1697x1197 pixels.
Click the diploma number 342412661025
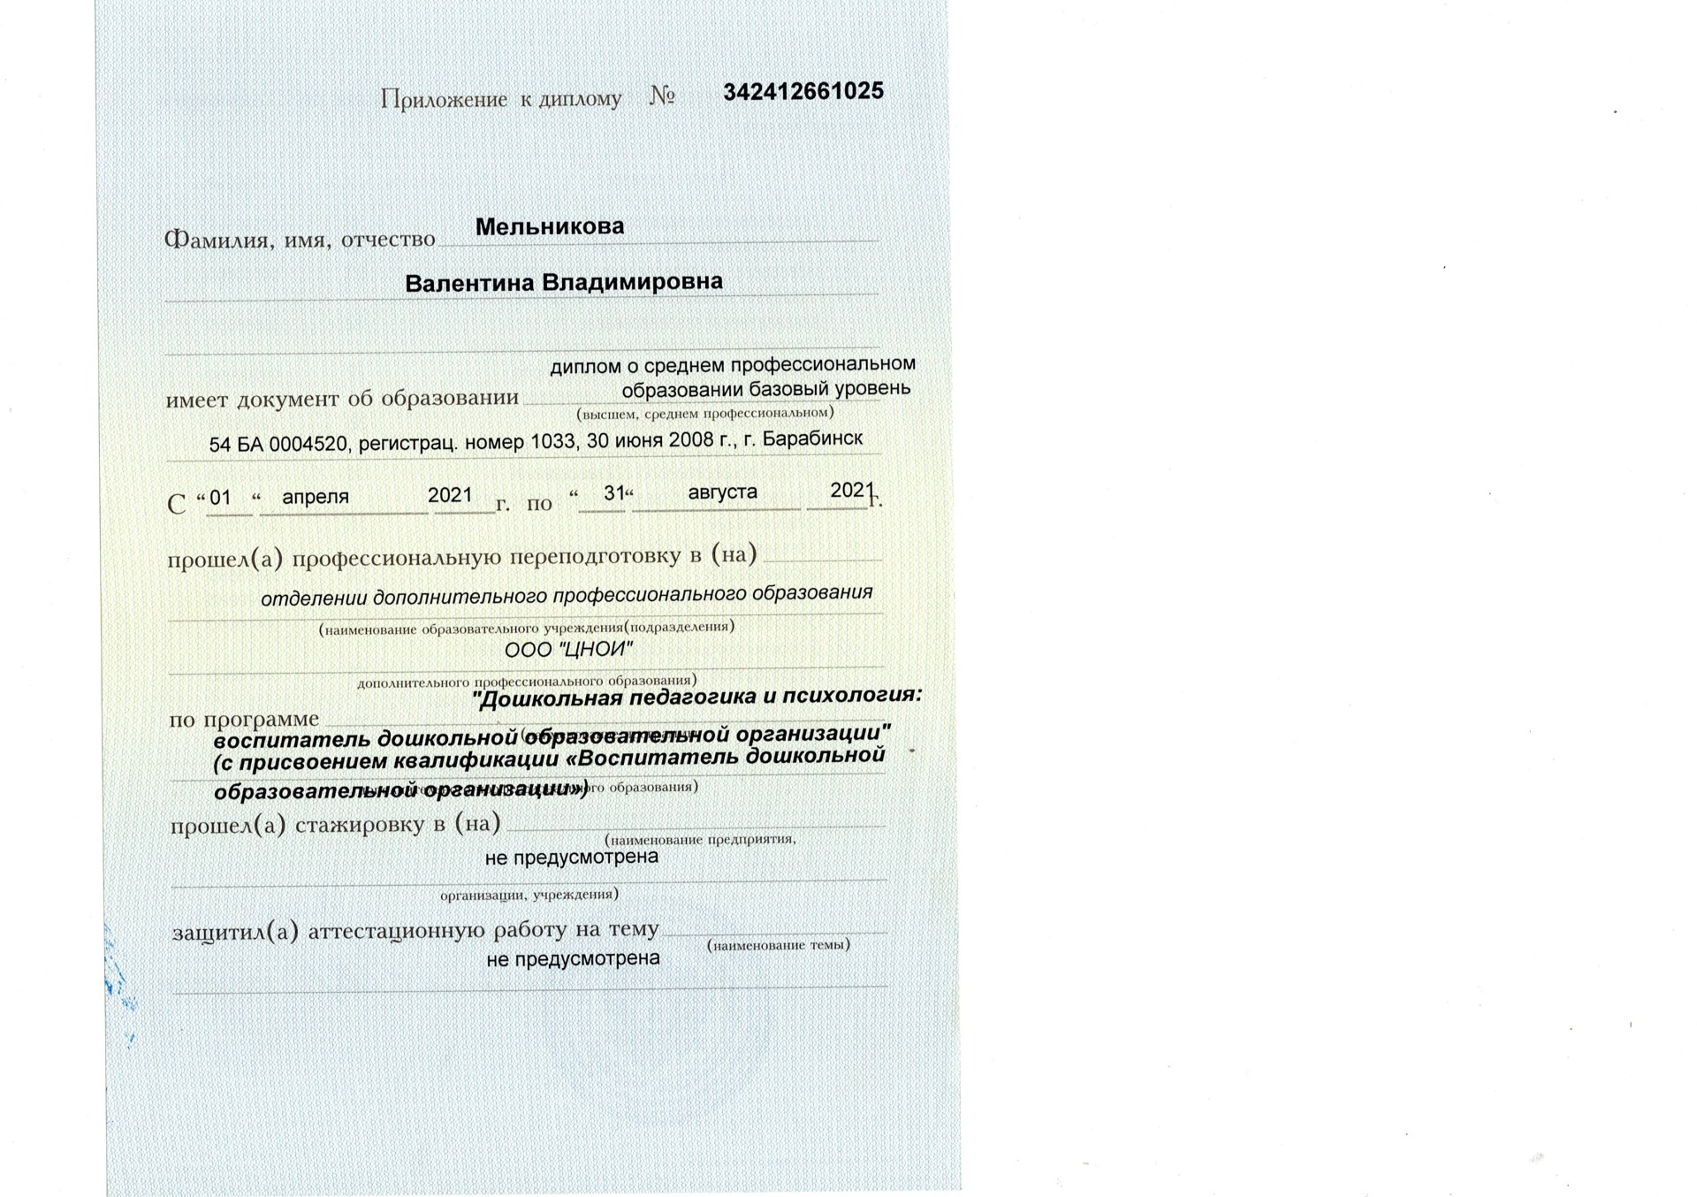[x=803, y=92]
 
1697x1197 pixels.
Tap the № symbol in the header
[x=663, y=96]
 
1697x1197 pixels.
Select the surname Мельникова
[x=550, y=227]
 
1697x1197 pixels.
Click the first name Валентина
[x=469, y=284]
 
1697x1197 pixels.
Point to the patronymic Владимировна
[x=632, y=282]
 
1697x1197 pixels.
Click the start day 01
[x=220, y=498]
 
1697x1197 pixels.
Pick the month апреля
[x=316, y=497]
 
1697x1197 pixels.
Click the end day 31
[x=613, y=493]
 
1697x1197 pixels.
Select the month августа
[x=722, y=492]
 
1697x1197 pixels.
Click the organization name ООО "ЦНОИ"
[x=569, y=650]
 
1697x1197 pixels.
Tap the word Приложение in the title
[x=444, y=99]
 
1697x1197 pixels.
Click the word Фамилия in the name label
[x=217, y=240]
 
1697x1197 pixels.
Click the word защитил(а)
[x=235, y=931]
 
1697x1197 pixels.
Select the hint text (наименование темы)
[x=779, y=945]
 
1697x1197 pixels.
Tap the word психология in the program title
[x=853, y=695]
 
